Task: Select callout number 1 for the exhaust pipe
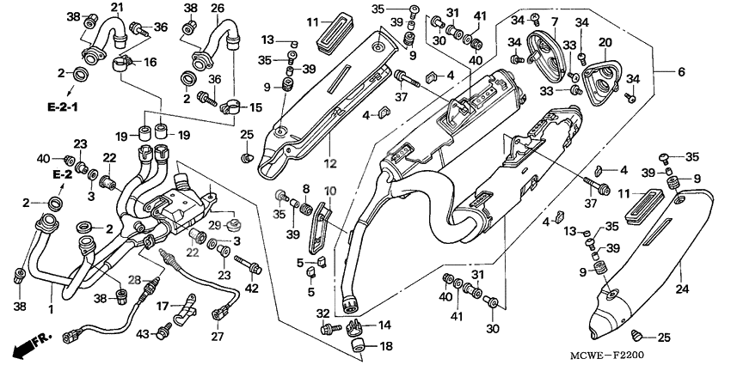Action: pyautogui.click(x=51, y=307)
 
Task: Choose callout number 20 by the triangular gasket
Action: pyautogui.click(x=605, y=42)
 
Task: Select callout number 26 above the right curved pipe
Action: pyautogui.click(x=218, y=8)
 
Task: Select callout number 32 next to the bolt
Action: pyautogui.click(x=322, y=313)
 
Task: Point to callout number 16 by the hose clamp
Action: pyautogui.click(x=150, y=62)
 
